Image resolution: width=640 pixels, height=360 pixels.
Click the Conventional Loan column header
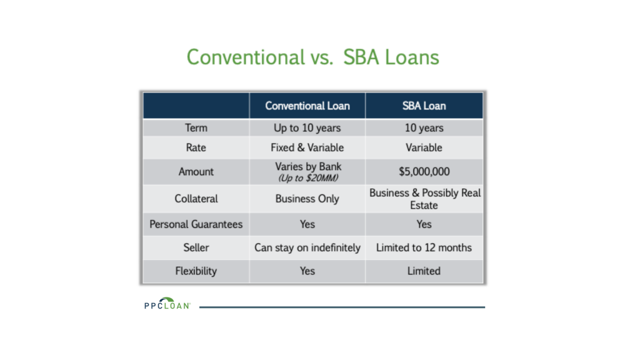tap(307, 106)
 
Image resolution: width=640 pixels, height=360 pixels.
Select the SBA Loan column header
tap(424, 106)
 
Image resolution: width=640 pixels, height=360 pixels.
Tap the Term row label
tap(196, 127)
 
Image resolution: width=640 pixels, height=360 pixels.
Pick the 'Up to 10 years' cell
tap(307, 127)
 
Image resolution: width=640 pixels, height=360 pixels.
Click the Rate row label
tap(196, 147)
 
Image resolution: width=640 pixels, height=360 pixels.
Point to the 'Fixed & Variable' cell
tap(307, 147)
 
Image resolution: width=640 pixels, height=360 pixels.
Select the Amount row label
tap(196, 171)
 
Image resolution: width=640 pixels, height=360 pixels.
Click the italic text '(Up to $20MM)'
tap(308, 178)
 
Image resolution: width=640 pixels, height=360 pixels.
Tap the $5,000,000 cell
tap(424, 171)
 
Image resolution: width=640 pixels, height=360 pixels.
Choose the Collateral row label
tap(196, 199)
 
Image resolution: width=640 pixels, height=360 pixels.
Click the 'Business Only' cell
tap(307, 199)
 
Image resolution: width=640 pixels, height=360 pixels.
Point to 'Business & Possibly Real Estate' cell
tap(424, 199)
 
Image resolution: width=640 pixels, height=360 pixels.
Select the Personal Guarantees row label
tap(196, 224)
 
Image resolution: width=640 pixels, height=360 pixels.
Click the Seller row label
tap(196, 247)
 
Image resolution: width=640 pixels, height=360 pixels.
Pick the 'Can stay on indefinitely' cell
tap(307, 247)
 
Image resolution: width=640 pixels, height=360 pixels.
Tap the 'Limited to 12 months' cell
tap(424, 247)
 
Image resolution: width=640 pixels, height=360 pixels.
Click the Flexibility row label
tap(196, 271)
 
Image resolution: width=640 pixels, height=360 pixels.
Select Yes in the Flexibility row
tap(307, 271)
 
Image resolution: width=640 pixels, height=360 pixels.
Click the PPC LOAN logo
tap(167, 303)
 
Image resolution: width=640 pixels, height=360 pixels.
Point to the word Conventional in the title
tap(246, 57)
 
